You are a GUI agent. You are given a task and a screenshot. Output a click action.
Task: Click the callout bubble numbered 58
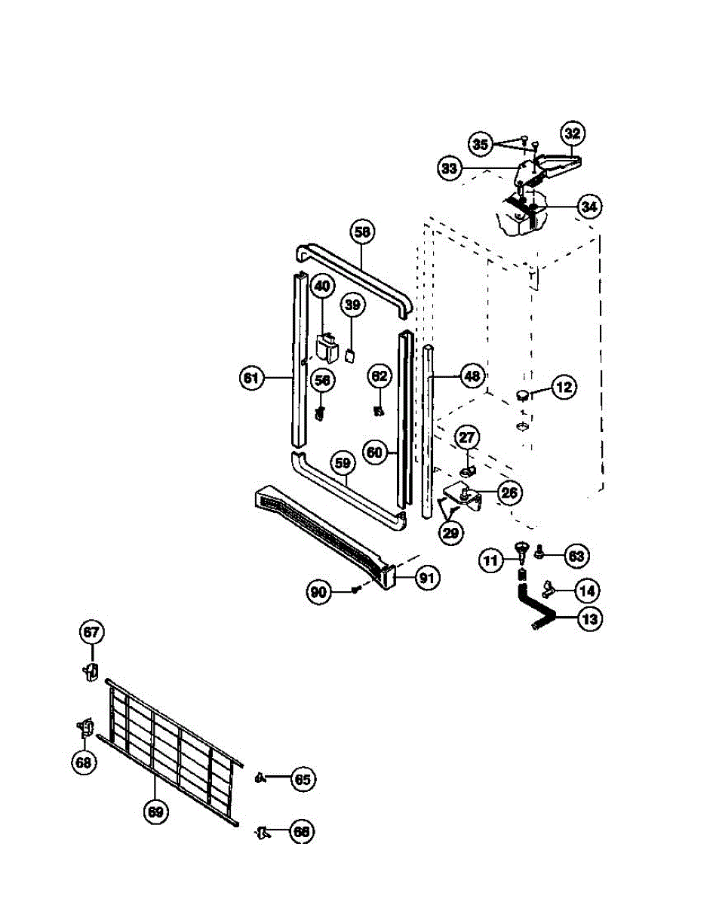[362, 232]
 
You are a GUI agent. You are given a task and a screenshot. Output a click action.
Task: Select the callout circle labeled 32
[573, 134]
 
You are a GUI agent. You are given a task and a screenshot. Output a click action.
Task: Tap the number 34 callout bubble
[589, 206]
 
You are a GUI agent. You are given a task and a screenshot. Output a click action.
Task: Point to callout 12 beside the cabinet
[563, 388]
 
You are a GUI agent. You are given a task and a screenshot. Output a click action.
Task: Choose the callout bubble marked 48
[472, 375]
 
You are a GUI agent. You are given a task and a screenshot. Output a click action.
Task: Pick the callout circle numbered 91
[427, 578]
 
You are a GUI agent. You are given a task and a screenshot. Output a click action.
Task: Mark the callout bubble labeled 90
[320, 592]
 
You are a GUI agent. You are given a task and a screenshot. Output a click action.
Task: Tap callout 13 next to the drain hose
[590, 620]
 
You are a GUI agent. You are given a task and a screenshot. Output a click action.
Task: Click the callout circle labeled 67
[92, 633]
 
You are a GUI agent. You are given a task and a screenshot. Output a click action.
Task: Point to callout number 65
[302, 779]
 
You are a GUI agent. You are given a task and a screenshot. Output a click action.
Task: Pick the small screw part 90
[355, 591]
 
